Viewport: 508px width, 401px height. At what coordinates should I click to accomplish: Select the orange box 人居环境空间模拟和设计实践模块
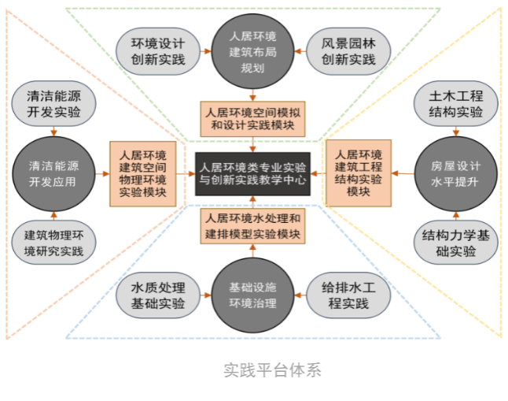(252, 118)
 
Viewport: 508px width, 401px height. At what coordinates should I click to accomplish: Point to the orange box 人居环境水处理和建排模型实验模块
(252, 226)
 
